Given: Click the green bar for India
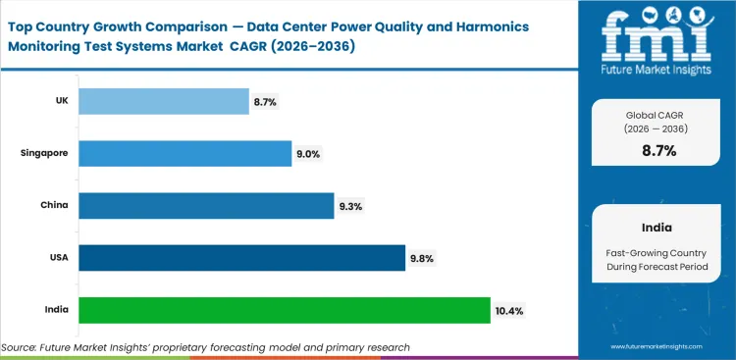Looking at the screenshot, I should tap(284, 310).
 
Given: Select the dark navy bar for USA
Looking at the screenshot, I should tap(241, 258).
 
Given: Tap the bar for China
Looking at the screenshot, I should tap(206, 206).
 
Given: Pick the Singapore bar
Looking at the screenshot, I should tap(184, 153).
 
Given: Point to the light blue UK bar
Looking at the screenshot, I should tap(163, 101).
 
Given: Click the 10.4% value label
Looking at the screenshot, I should tap(510, 311).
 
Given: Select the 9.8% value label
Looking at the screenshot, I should tap(422, 259).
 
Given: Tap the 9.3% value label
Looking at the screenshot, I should tap(350, 206).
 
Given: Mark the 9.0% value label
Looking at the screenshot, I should tap(308, 154).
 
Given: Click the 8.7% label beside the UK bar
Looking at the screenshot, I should tap(265, 101).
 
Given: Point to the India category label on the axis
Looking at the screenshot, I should tap(56, 310).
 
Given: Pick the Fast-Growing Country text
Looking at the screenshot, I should tap(657, 252).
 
